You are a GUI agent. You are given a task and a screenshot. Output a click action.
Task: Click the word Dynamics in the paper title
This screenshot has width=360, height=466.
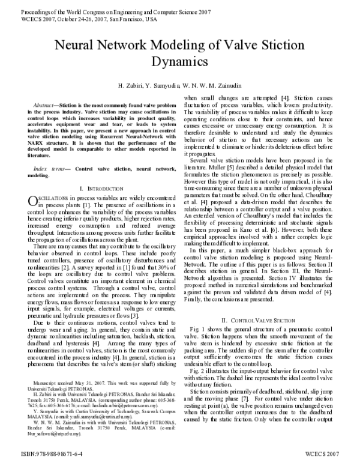(x=180, y=62)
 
